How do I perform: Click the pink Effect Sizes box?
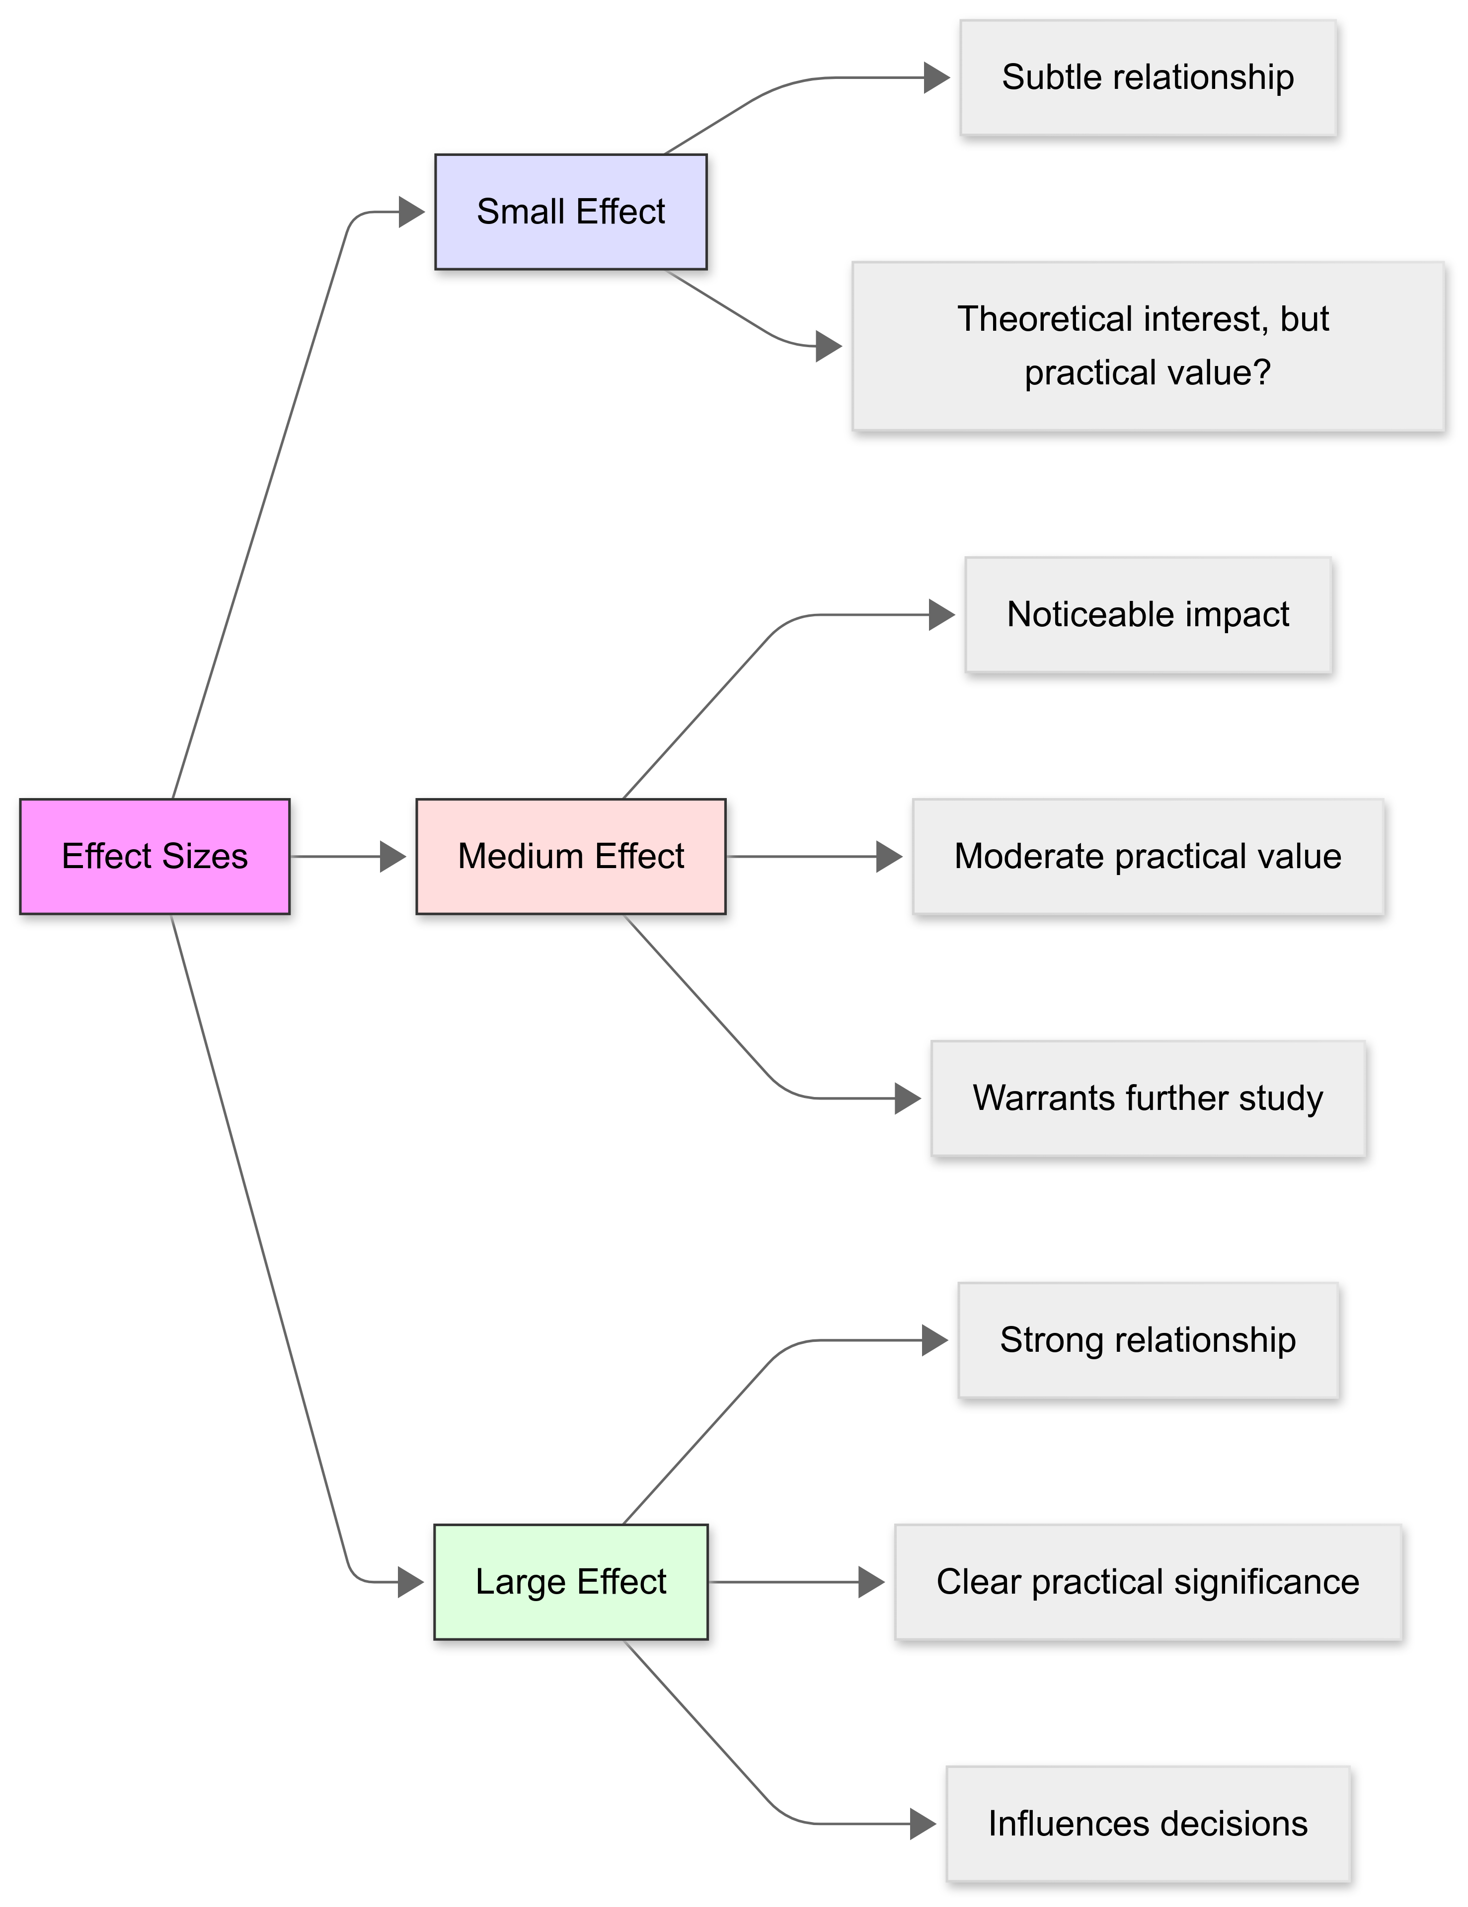tap(155, 856)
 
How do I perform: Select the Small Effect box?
tap(570, 211)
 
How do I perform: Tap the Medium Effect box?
tap(570, 856)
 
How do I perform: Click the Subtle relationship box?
tap(1148, 77)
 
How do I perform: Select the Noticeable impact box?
tap(1148, 615)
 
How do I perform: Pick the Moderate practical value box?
tap(1148, 856)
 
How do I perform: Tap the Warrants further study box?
tap(1148, 1098)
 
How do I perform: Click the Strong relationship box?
tap(1148, 1339)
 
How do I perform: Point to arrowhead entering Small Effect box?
tap(411, 211)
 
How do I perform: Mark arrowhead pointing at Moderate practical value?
tap(889, 856)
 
